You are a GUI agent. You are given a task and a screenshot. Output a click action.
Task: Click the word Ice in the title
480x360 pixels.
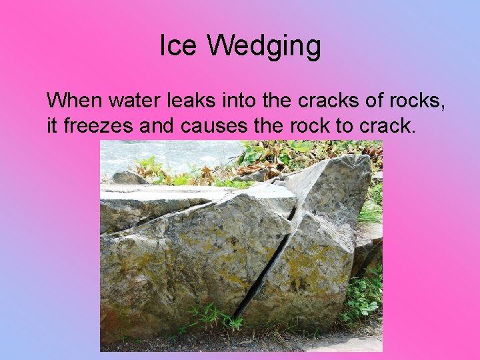pos(179,47)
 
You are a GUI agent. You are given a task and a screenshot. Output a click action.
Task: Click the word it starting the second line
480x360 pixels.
pos(52,125)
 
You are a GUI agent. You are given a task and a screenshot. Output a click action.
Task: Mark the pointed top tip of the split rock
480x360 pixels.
pos(361,159)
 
